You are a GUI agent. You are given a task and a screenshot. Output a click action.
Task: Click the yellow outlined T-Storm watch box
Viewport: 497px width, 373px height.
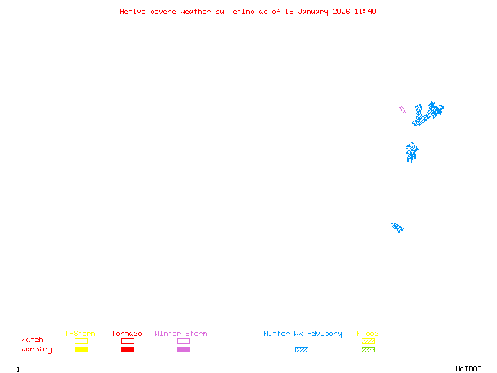coord(81,341)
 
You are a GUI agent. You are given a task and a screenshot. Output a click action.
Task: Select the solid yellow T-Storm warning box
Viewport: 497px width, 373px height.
coord(81,350)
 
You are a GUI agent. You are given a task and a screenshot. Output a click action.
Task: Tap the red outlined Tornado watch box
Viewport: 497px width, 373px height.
coord(127,341)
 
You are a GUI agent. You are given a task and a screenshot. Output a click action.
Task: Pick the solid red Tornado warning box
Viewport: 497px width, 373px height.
coord(127,350)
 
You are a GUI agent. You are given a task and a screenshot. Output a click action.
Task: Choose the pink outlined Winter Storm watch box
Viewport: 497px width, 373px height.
coord(183,341)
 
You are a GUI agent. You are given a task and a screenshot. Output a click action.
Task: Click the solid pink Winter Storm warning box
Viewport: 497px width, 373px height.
coord(183,350)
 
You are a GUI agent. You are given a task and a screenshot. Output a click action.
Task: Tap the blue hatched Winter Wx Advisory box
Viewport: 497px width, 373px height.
coord(301,350)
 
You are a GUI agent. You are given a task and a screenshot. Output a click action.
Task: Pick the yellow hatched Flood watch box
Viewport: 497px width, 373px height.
coord(368,341)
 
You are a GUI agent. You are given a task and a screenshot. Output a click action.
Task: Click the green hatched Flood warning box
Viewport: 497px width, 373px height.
coord(368,350)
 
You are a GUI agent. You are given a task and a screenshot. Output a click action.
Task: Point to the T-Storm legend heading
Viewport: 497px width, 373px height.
coord(80,333)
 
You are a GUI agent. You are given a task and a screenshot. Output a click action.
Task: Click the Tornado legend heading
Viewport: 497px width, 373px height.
coord(127,333)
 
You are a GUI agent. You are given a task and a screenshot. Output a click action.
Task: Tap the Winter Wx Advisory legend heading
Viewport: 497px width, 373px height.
coord(303,333)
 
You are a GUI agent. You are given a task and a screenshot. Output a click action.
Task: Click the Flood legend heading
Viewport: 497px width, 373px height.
coord(368,333)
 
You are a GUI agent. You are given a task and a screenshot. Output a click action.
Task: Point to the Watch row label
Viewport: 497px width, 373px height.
coord(32,340)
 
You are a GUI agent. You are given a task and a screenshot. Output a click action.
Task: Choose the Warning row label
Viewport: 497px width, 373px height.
coord(37,349)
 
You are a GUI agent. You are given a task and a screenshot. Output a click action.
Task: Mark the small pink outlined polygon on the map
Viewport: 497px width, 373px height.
coord(403,110)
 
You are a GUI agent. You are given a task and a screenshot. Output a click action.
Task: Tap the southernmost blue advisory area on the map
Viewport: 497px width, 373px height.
coord(398,227)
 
